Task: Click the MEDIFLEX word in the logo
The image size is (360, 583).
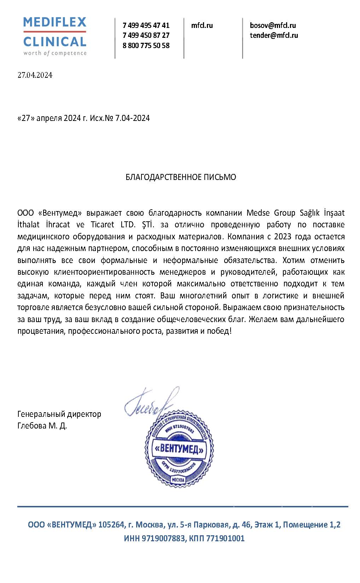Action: tap(55, 23)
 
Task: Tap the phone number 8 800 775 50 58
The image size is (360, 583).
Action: tap(146, 46)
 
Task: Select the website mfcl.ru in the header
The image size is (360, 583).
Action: tap(202, 25)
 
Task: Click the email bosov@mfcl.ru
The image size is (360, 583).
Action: tap(273, 25)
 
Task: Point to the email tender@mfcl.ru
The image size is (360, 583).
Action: tap(274, 35)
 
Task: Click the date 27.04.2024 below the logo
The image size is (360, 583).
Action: tap(35, 75)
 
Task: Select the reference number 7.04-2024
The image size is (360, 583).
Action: tap(133, 118)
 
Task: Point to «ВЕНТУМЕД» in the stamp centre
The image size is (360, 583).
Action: tap(179, 450)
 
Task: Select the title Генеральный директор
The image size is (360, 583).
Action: tap(59, 414)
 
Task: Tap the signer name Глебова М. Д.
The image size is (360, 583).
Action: tap(42, 426)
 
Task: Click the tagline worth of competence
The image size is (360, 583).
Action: tap(55, 53)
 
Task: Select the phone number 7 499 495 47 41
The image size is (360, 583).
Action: tap(146, 25)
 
